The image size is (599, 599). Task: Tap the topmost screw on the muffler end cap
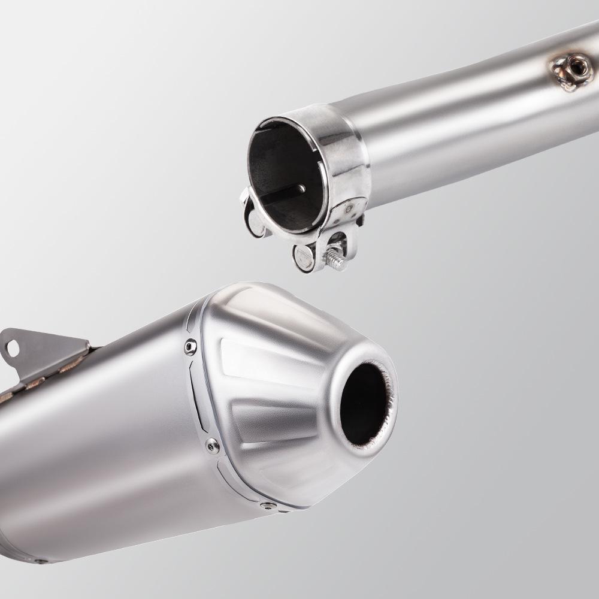190,346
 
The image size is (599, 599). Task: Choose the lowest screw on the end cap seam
266,507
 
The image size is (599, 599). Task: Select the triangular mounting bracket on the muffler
42,353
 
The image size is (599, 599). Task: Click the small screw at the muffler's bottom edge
41,561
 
